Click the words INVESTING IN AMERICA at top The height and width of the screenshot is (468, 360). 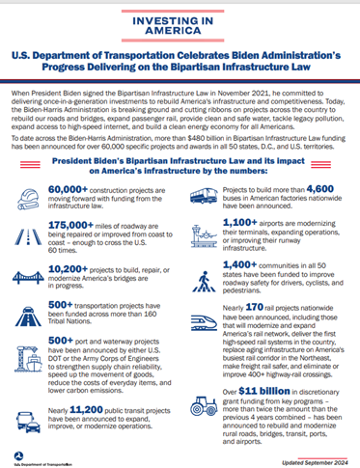click(x=180, y=26)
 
